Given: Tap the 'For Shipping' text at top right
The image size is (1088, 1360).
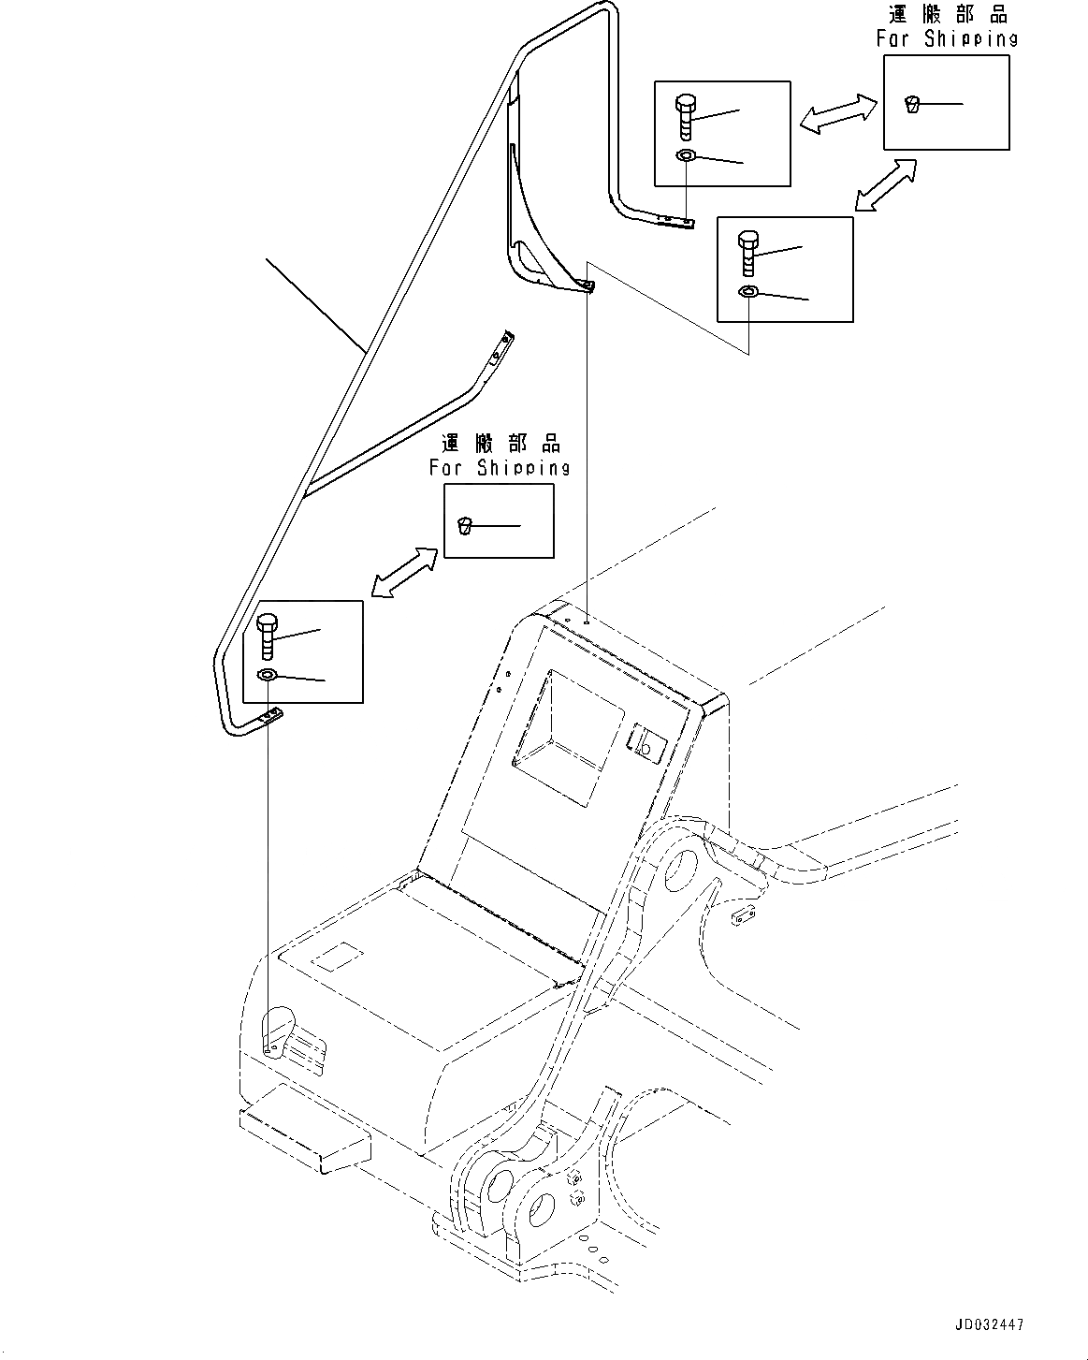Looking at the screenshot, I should click(x=946, y=38).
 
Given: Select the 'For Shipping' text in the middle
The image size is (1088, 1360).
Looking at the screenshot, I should click(x=499, y=467).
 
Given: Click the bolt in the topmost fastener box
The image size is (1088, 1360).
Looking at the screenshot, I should click(x=685, y=117).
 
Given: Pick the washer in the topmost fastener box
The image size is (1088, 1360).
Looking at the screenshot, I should click(x=685, y=155).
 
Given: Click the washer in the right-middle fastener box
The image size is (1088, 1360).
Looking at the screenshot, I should click(x=747, y=292).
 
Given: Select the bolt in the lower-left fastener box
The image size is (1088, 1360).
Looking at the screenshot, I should click(x=265, y=636).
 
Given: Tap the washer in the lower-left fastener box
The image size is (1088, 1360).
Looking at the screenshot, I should click(x=267, y=675).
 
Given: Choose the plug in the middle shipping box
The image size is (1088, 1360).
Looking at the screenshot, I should click(x=465, y=527).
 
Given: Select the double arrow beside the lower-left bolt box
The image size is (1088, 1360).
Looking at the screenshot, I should click(x=403, y=572).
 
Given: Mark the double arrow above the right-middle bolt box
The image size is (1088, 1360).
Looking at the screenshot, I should click(x=884, y=185).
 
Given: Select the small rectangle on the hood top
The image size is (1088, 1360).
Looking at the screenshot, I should click(x=338, y=958).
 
